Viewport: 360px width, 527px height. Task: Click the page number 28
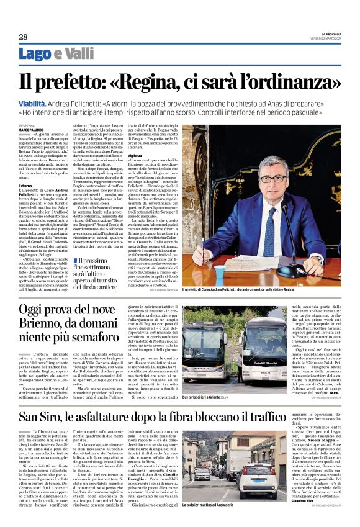point(22,37)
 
